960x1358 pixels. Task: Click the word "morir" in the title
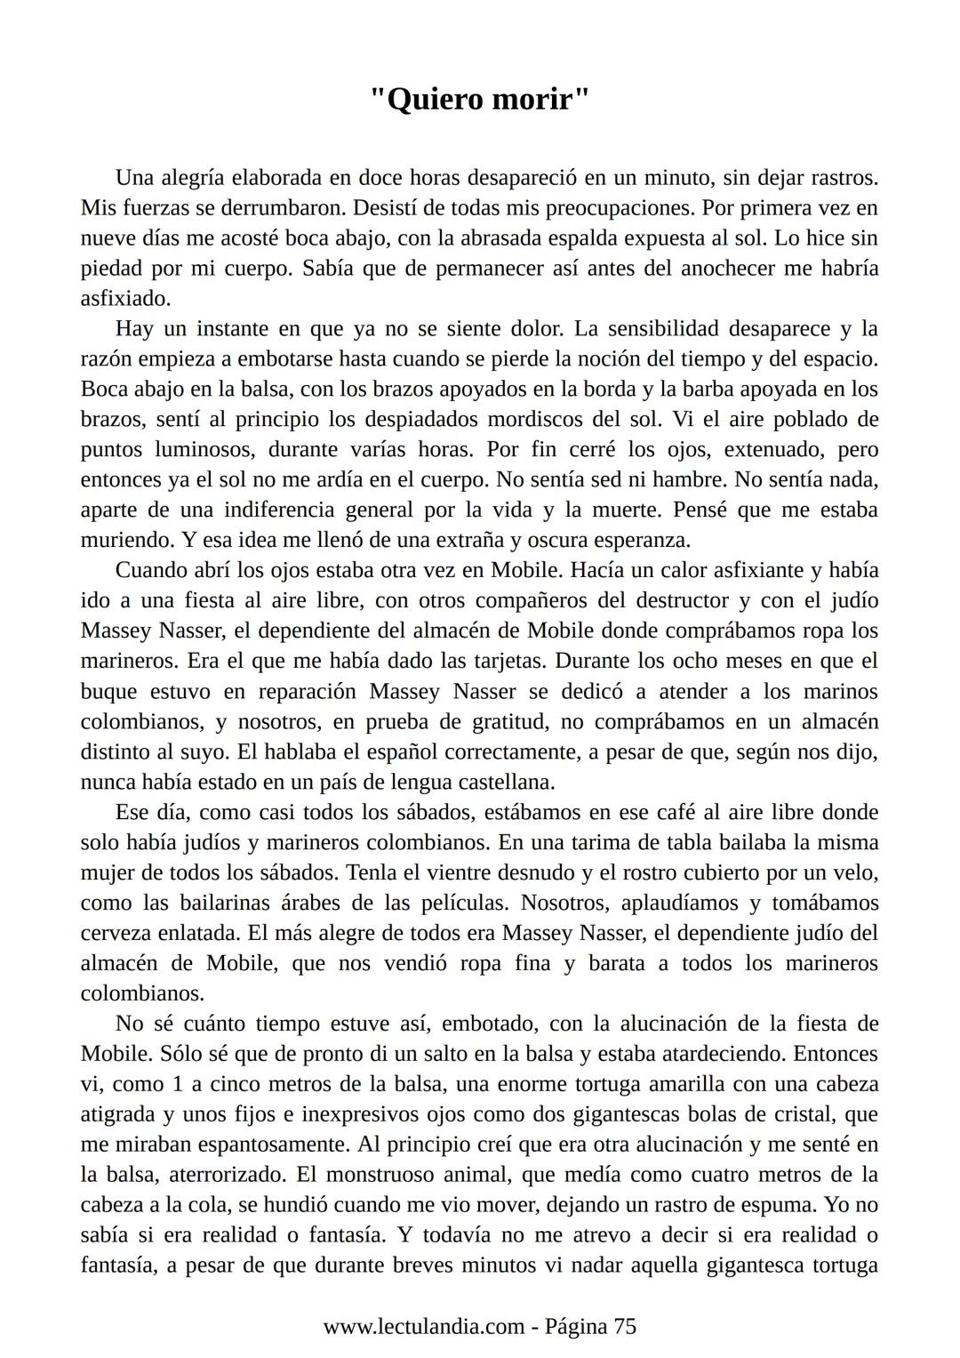[x=543, y=99]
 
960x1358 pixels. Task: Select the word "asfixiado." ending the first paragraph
[x=125, y=299]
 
